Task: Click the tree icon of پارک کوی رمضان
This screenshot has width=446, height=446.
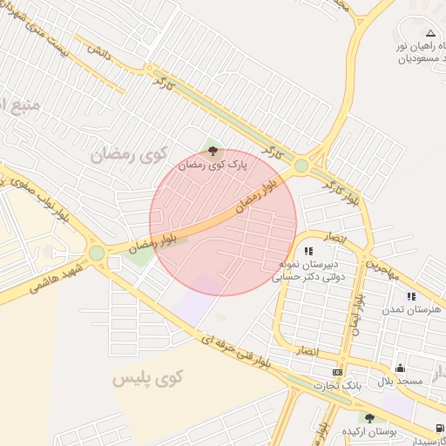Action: pos(214,152)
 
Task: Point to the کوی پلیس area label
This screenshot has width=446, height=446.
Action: pos(148,378)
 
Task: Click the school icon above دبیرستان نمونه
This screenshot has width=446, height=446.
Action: pos(308,252)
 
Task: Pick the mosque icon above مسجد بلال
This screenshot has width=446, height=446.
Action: pos(400,368)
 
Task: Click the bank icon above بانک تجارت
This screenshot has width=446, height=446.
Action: pos(338,372)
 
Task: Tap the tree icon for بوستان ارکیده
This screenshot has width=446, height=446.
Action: pos(370,418)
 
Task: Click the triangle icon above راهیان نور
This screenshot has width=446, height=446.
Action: pos(429,33)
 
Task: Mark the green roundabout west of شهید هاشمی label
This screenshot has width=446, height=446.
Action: pos(97,253)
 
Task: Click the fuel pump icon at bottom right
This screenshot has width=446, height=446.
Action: pos(437,429)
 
